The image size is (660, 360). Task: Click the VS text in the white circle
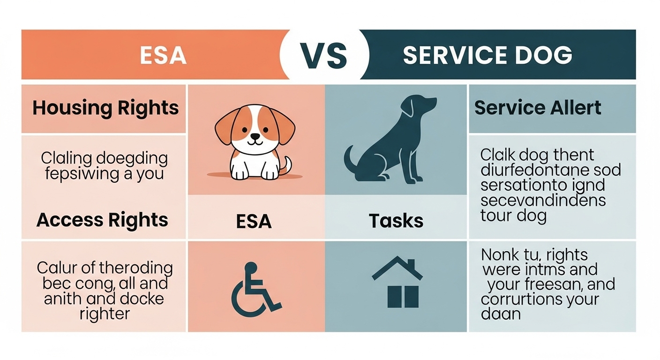pyautogui.click(x=324, y=55)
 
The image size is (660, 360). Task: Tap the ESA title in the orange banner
pyautogui.click(x=163, y=55)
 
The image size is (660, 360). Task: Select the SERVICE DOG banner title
pyautogui.click(x=487, y=55)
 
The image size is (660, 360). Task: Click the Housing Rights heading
pyautogui.click(x=105, y=108)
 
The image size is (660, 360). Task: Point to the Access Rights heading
pyautogui.click(x=102, y=219)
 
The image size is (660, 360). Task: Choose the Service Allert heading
pyautogui.click(x=538, y=108)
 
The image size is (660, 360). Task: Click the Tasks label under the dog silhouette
pyautogui.click(x=396, y=220)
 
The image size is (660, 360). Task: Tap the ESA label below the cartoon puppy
pyautogui.click(x=254, y=220)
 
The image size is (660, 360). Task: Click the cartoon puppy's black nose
pyautogui.click(x=255, y=136)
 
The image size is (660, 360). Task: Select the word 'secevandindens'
pyautogui.click(x=543, y=201)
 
